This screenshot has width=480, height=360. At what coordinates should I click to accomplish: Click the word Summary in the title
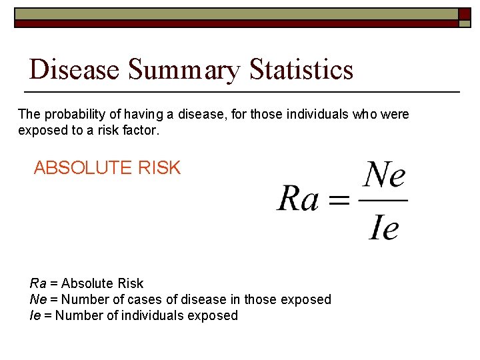184,69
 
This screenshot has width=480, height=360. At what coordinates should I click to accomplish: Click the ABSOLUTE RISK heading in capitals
107,168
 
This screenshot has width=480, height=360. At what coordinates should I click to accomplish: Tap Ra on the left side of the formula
297,198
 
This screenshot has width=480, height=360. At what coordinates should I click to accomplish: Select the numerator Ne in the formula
385,176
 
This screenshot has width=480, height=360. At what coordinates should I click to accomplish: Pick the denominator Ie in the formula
383,228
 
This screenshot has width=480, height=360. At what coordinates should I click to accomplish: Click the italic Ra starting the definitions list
38,284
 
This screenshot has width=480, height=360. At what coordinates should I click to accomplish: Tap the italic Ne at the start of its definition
38,299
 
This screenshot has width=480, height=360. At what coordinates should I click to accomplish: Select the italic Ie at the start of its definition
35,315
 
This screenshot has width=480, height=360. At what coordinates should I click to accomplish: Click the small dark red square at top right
465,14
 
